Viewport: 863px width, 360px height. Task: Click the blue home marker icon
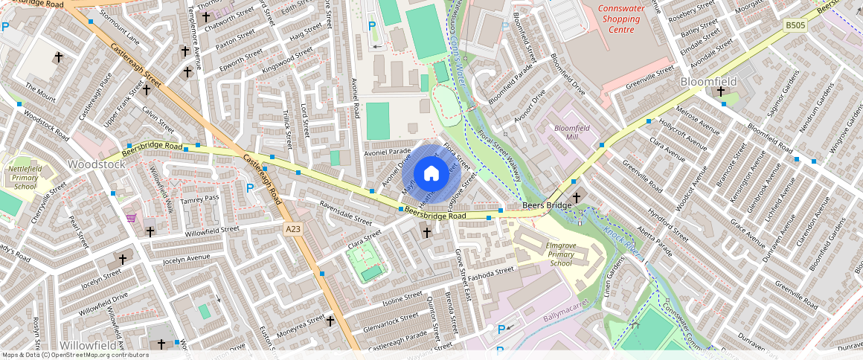click(x=431, y=174)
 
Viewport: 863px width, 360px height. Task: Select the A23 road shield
click(x=292, y=230)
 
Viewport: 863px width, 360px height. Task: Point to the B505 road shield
click(x=795, y=25)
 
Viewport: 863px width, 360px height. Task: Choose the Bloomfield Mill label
click(x=571, y=132)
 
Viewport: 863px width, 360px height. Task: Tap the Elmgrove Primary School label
click(x=562, y=254)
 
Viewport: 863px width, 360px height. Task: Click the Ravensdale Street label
click(x=345, y=212)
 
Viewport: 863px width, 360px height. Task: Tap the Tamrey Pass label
click(x=201, y=197)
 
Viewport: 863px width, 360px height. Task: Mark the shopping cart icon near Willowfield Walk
click(x=132, y=218)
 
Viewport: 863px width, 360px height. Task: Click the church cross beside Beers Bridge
click(x=577, y=199)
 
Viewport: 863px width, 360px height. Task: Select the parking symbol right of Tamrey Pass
click(x=250, y=188)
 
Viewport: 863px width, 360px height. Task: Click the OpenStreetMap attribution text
click(x=76, y=355)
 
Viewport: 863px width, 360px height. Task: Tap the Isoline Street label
click(x=402, y=300)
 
